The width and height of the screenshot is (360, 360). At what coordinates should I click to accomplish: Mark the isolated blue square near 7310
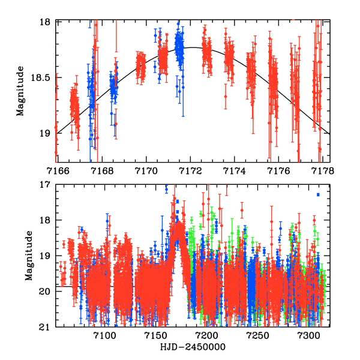pos(318,194)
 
